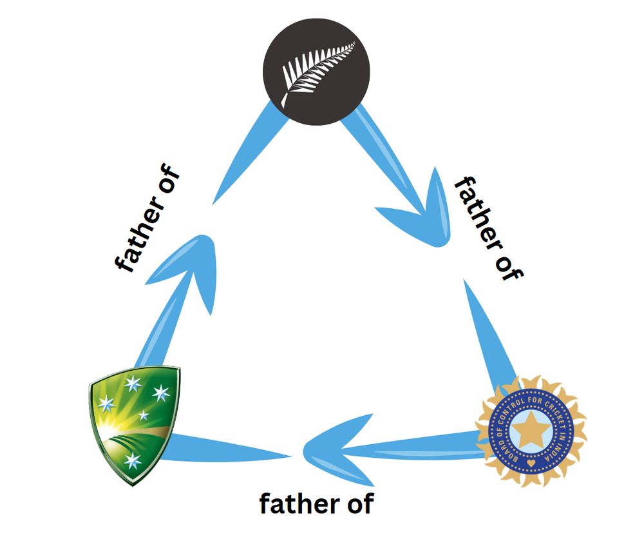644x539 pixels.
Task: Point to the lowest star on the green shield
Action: [132, 460]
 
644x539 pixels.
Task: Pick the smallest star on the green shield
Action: [143, 415]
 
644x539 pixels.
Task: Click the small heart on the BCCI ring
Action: [530, 464]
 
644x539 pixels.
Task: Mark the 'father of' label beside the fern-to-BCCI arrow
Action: [489, 229]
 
